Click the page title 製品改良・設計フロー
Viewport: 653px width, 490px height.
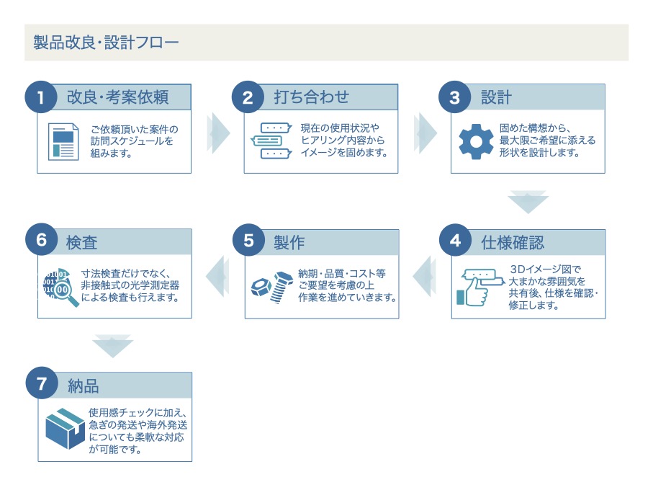106,43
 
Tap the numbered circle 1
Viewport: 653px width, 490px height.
41,97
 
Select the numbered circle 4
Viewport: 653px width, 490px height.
455,241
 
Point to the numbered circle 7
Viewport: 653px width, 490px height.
42,383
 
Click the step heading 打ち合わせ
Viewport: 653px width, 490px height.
312,97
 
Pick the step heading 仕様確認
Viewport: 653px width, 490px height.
513,243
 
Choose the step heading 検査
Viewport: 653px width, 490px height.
81,243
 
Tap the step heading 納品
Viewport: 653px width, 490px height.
84,386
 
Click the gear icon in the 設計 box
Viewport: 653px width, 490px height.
476,142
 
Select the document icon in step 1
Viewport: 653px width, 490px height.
63,142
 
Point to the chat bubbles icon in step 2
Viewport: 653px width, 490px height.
271,141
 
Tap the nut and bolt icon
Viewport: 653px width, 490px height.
272,287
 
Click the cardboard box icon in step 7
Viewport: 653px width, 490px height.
66,428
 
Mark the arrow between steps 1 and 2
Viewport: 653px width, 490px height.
218,133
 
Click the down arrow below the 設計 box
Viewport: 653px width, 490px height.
528,202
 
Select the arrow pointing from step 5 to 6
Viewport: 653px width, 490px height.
217,276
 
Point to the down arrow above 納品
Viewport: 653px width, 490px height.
112,346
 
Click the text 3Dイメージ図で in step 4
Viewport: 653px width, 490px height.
545,269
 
